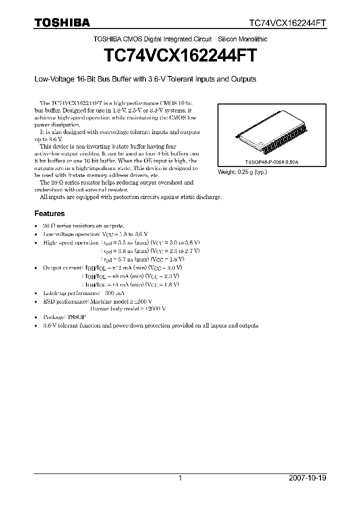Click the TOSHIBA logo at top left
click(62, 22)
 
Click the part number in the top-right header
click(288, 23)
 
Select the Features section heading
click(49, 213)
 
